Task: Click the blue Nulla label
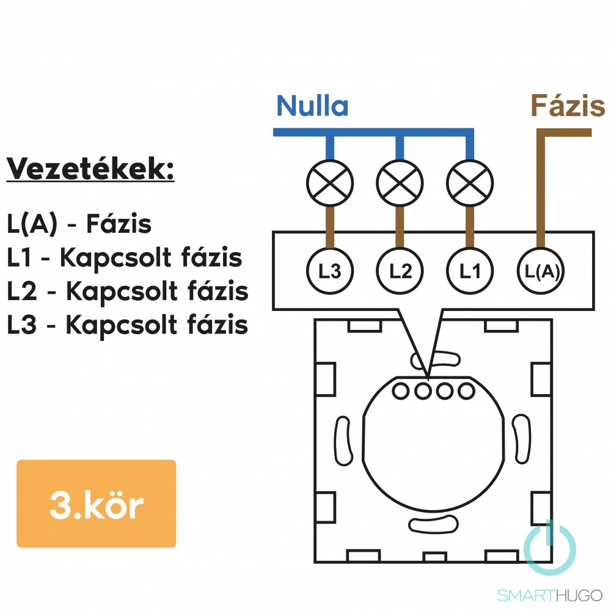click(x=312, y=106)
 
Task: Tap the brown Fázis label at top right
click(x=568, y=106)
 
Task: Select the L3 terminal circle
click(x=330, y=271)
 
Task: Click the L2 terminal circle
click(x=400, y=271)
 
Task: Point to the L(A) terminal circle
click(x=541, y=271)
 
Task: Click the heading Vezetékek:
click(x=90, y=170)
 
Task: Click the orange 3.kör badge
click(x=96, y=503)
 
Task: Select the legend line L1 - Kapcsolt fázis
click(x=125, y=258)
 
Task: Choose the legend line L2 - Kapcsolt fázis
click(x=128, y=292)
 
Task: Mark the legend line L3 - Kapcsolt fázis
click(x=128, y=326)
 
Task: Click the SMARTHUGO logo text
click(x=549, y=595)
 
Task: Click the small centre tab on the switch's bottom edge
click(x=434, y=557)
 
